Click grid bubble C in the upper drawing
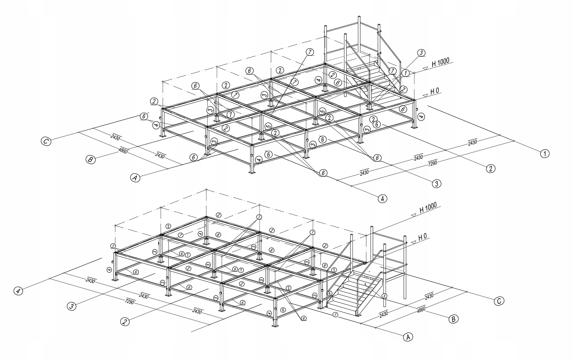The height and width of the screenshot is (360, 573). [46, 141]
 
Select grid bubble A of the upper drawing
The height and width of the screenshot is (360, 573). [135, 178]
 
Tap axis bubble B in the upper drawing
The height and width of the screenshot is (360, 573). [90, 160]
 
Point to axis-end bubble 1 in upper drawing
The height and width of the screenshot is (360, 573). [545, 154]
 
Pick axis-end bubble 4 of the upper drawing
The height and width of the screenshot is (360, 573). [382, 198]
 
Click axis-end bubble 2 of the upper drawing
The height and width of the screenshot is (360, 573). [490, 168]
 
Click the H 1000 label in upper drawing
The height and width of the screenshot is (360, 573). [440, 63]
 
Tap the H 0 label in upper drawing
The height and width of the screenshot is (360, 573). [435, 91]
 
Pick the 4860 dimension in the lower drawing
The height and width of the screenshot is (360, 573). [421, 310]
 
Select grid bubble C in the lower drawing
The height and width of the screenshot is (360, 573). [499, 301]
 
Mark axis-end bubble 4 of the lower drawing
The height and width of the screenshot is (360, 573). [19, 291]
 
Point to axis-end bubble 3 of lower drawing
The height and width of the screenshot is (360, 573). [72, 306]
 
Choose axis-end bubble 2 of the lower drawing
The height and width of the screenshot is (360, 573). [125, 322]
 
